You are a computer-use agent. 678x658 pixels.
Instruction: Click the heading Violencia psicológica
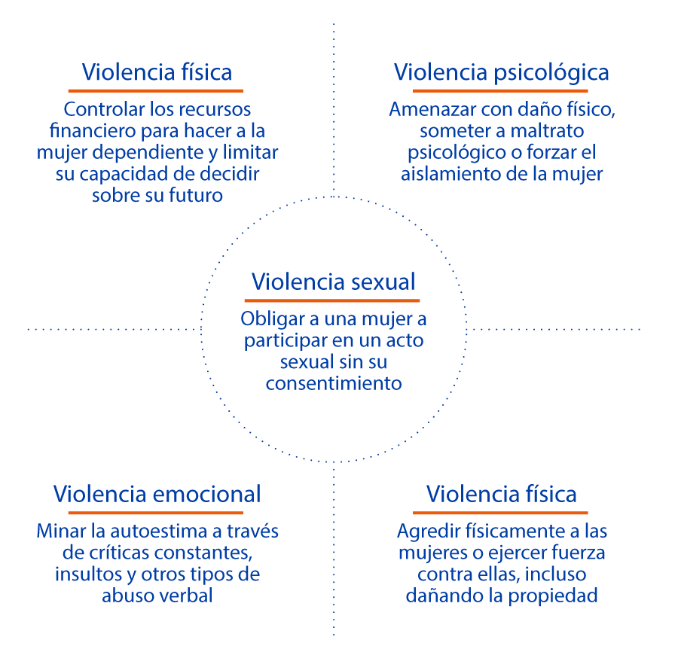tap(501, 73)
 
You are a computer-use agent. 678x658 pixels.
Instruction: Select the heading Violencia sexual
tap(334, 282)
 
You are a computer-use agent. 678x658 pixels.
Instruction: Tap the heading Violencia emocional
tap(157, 494)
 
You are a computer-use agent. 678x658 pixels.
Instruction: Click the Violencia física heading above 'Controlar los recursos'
tap(157, 73)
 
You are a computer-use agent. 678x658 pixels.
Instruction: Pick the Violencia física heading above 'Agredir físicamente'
tap(502, 494)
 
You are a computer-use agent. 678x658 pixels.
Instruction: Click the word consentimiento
tap(334, 383)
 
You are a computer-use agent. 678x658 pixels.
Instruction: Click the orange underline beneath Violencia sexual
tap(334, 300)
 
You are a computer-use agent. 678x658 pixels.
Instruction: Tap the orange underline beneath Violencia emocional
tap(157, 512)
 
